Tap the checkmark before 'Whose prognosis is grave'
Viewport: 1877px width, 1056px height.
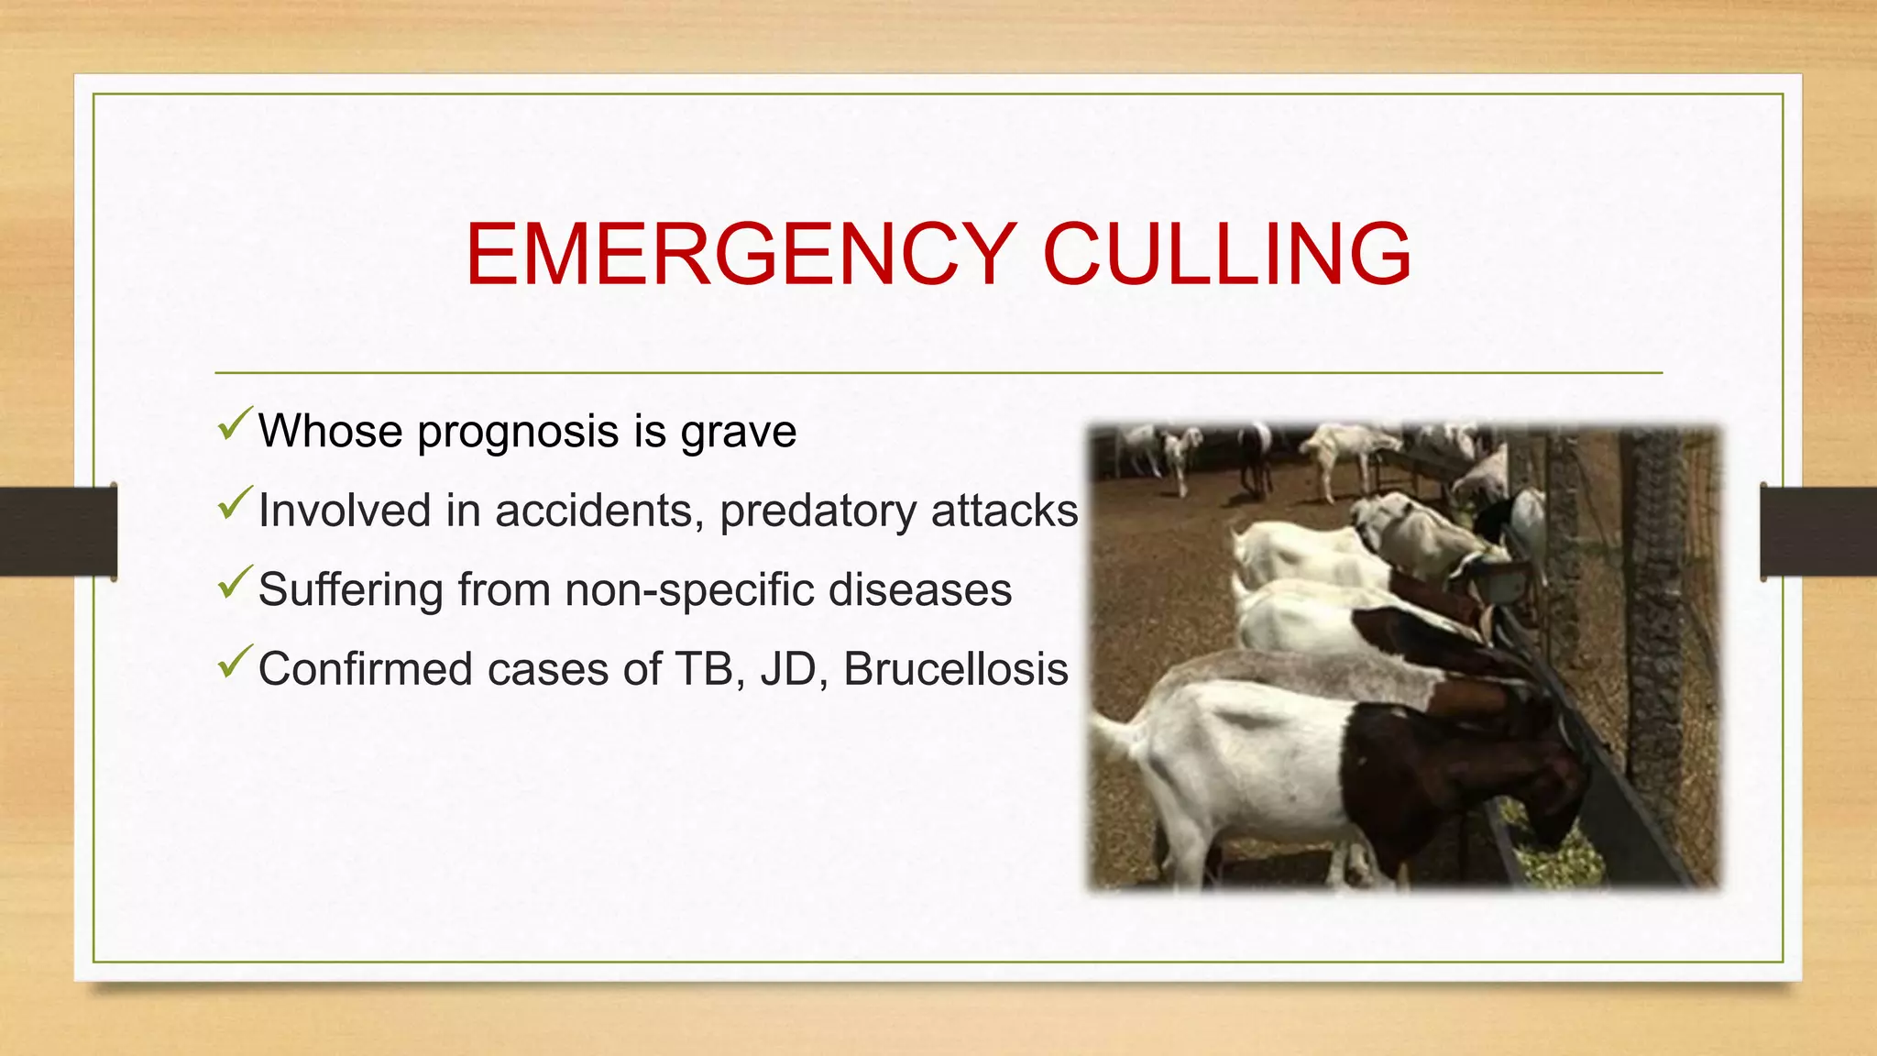(x=235, y=423)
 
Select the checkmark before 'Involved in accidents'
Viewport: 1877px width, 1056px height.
(x=235, y=503)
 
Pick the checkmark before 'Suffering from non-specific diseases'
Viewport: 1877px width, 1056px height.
(x=235, y=582)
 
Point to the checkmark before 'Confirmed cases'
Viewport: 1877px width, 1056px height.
(x=235, y=662)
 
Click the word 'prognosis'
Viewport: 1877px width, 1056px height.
(x=518, y=433)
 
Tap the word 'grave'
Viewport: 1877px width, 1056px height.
(x=738, y=433)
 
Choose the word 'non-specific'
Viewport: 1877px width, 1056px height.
(x=689, y=590)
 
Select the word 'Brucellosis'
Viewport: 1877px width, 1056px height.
(x=955, y=669)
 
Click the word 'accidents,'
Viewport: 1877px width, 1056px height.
(x=599, y=511)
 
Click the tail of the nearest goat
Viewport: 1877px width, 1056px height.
(x=1114, y=733)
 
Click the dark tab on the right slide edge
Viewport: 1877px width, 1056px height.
(x=1818, y=532)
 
